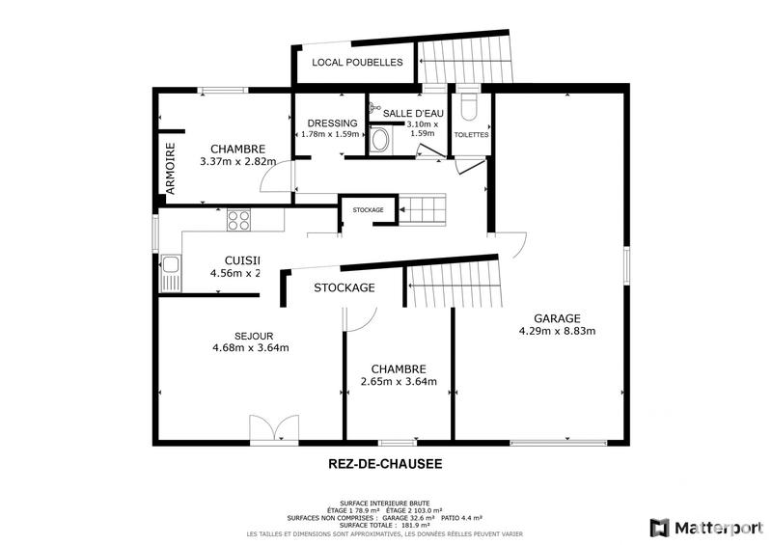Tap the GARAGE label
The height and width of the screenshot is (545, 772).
557,317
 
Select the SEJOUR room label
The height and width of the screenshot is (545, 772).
234,336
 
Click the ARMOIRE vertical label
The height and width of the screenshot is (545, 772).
170,171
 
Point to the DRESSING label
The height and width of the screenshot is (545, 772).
332,123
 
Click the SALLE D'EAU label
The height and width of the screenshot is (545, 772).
411,113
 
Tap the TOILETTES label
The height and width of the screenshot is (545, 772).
472,135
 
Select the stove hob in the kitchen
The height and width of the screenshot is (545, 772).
238,221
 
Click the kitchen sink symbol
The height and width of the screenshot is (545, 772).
171,273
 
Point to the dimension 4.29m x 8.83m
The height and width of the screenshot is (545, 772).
557,331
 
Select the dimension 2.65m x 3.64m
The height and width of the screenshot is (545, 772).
399,381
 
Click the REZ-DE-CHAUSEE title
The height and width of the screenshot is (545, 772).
386,464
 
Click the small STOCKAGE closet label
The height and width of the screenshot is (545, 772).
368,210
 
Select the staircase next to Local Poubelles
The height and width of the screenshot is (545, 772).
467,61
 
